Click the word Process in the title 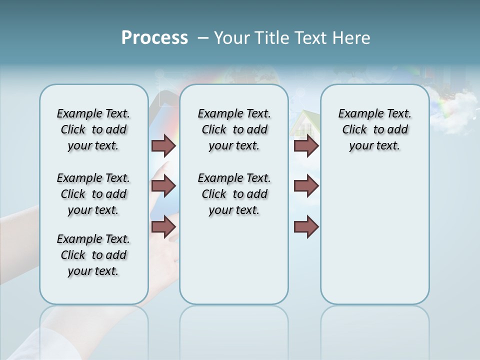pos(154,38)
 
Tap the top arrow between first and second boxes pos(163,145)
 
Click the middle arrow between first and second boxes pos(163,186)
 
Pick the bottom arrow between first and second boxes pos(163,226)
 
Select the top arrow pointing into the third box pos(306,145)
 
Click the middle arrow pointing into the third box pos(306,186)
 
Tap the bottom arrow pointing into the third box pos(306,227)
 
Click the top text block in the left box pos(93,129)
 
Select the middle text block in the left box pos(93,194)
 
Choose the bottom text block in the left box pos(93,255)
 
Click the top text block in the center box pos(234,129)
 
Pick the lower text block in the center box pos(234,194)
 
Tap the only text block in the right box pos(374,129)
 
